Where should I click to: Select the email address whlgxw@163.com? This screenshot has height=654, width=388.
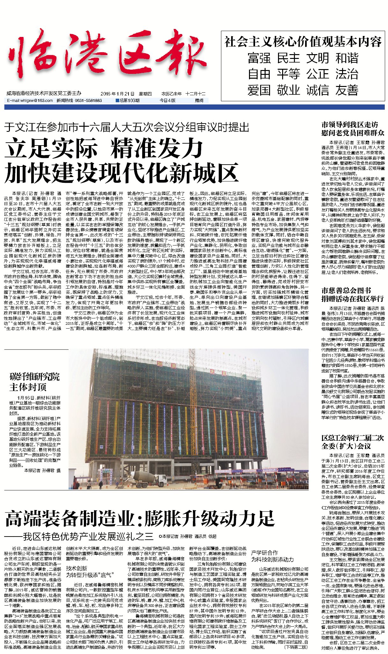pos(30,101)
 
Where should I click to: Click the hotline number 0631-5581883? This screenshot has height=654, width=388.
pos(88,101)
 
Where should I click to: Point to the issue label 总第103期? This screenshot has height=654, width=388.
pos(128,101)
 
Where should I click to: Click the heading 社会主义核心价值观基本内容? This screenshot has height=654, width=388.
pos(303,42)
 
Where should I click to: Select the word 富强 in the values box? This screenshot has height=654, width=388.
pos(259,58)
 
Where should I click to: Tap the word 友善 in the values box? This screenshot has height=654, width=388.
pos(347,90)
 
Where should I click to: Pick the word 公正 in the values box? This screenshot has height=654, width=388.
pos(318,74)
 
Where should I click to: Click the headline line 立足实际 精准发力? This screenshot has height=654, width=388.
pos(104,149)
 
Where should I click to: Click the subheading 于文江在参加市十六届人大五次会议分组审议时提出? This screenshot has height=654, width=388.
pos(127,127)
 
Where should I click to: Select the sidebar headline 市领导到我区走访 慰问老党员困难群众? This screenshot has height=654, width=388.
pos(353,129)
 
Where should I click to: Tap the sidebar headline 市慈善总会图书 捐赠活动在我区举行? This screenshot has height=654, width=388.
pos(353,295)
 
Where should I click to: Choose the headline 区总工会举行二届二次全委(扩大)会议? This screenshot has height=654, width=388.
pos(353,442)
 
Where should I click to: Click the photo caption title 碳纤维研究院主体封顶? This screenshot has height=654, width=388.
pos(34,382)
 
